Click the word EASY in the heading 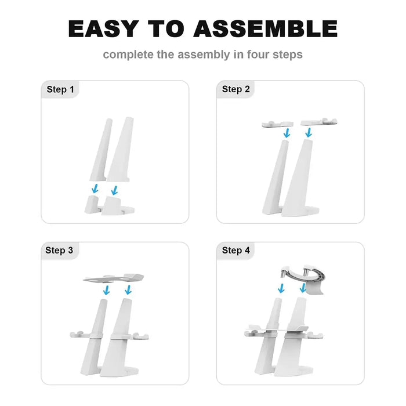point(104,29)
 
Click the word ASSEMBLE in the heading point(266,29)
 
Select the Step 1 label point(60,89)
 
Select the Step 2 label point(236,89)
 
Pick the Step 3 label point(59,251)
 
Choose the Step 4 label point(236,251)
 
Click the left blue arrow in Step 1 point(95,188)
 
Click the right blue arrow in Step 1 point(114,190)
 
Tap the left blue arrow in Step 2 point(287,133)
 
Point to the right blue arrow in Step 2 point(309,133)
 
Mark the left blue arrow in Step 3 point(106,290)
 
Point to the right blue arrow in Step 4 point(303,288)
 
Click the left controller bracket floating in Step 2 point(277,124)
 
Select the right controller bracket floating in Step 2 point(319,122)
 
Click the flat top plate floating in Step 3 point(113,278)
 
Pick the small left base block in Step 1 point(92,205)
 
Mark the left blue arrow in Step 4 point(281,288)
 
